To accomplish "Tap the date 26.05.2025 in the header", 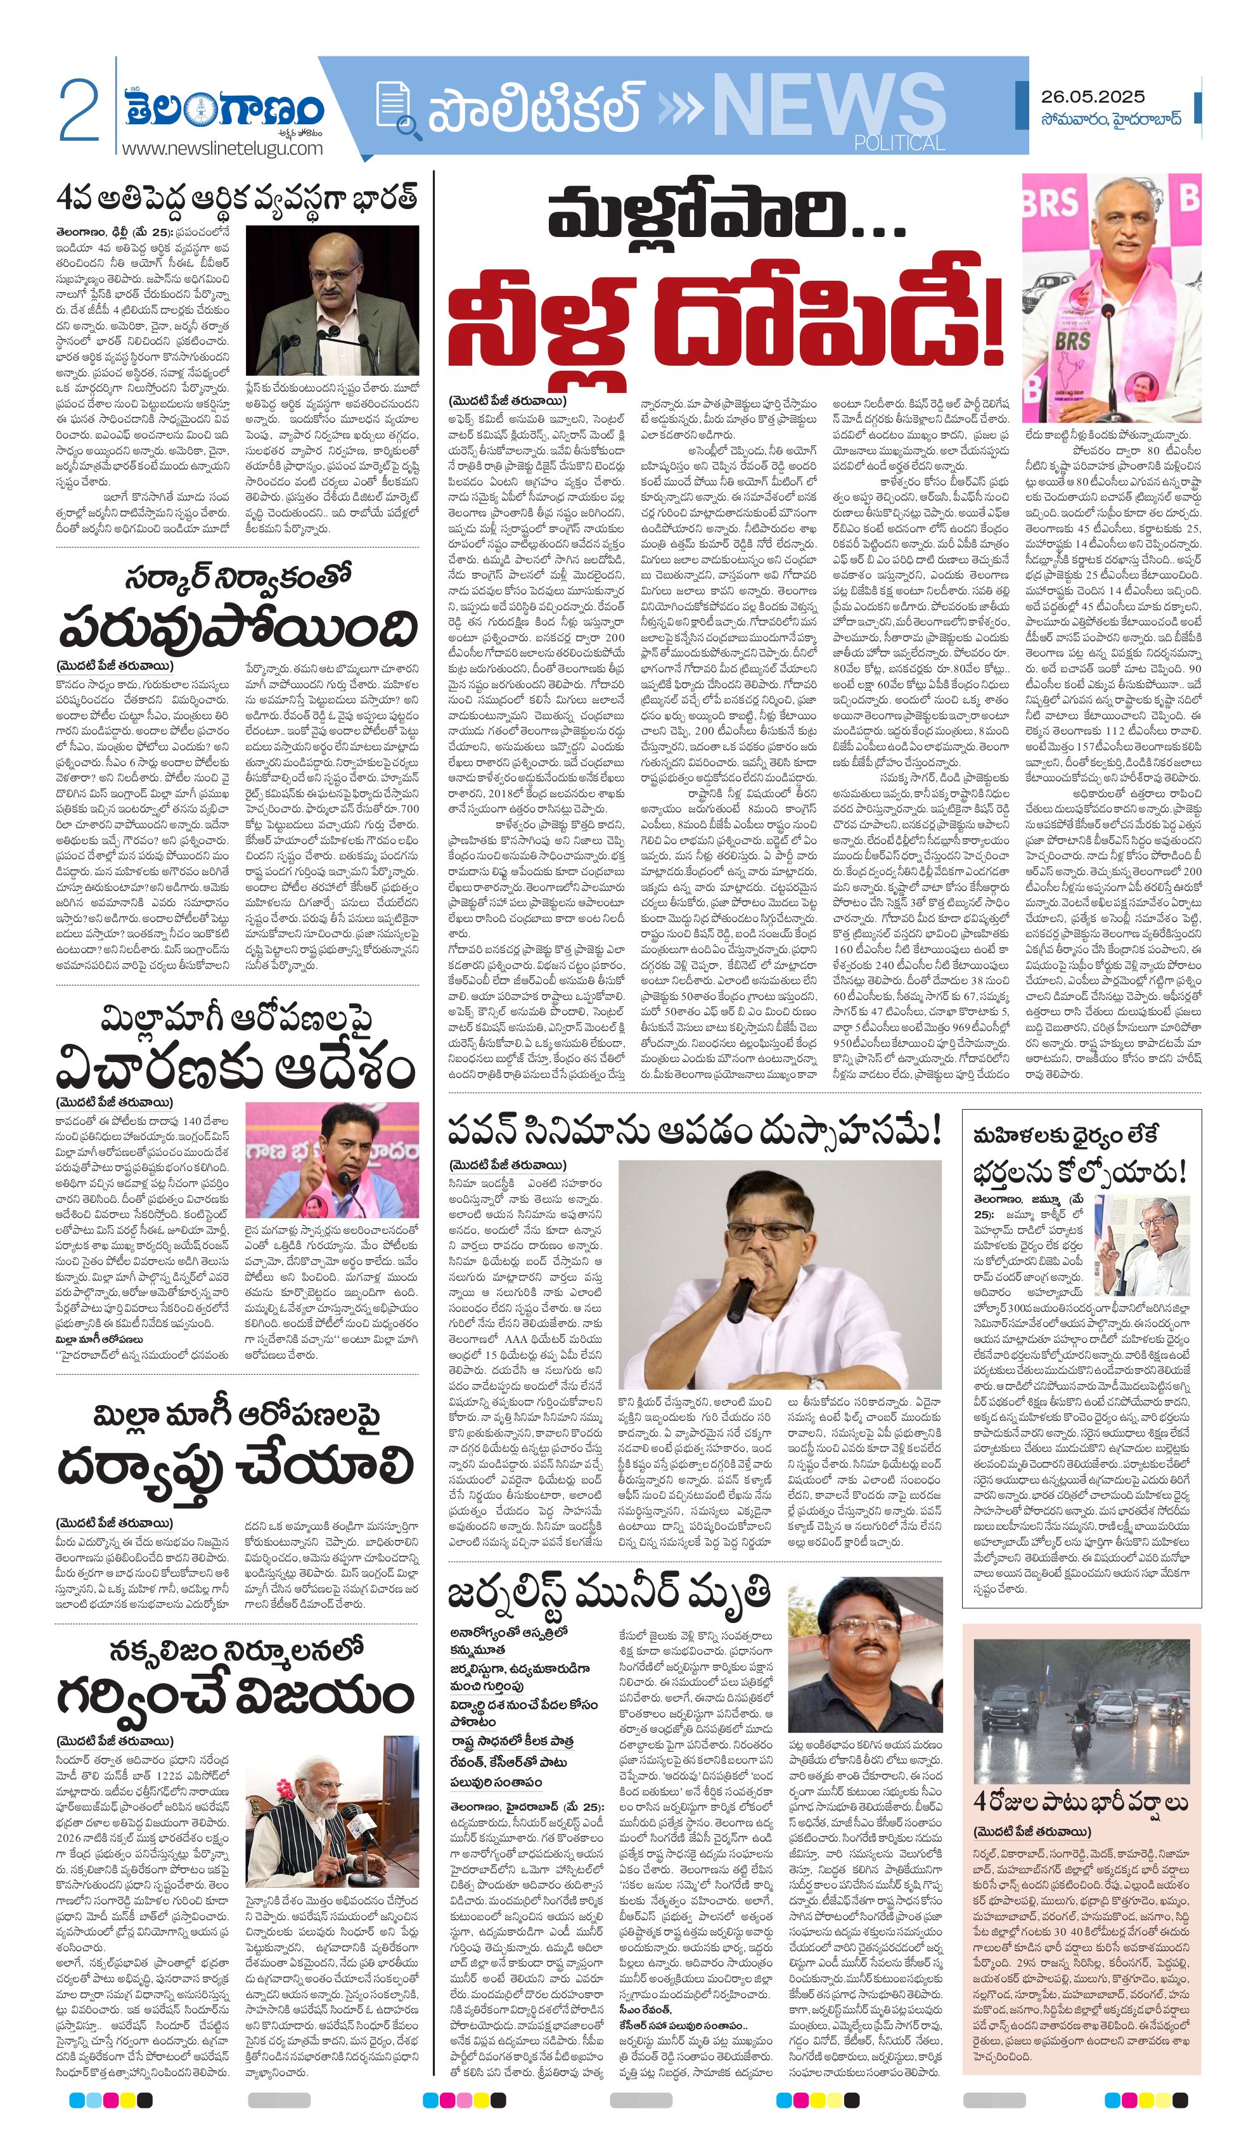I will [x=1092, y=97].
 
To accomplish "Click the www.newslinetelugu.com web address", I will [x=222, y=148].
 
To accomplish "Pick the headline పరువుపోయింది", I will [x=238, y=631].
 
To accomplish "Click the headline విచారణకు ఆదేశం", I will [x=235, y=1070].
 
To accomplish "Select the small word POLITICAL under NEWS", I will [x=899, y=143].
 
